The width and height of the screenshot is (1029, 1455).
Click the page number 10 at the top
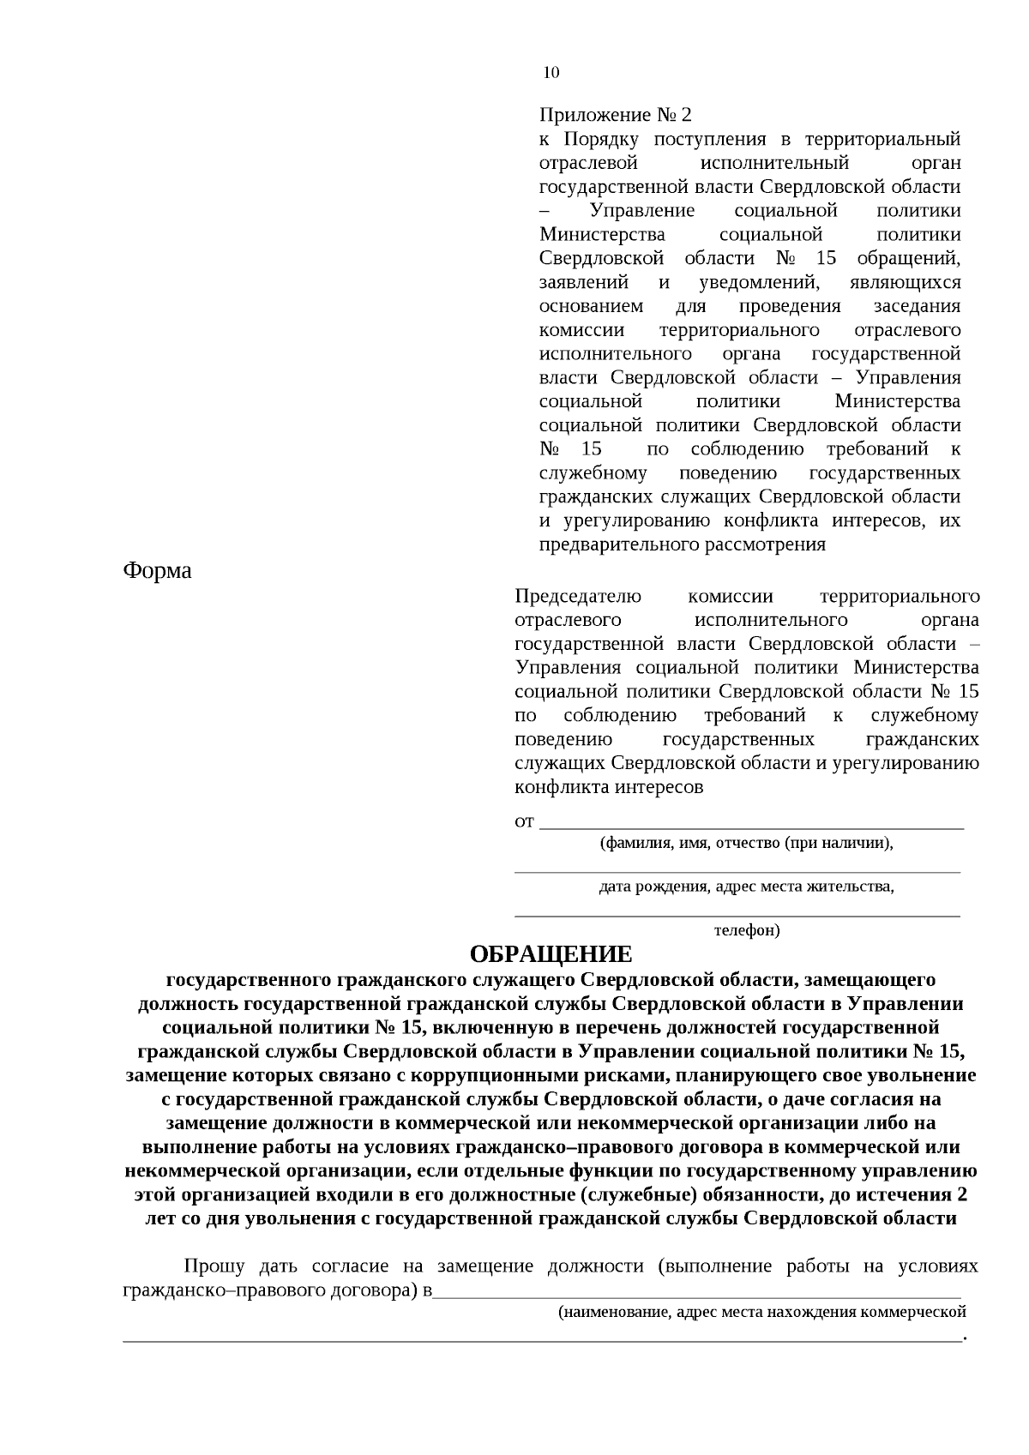(x=551, y=73)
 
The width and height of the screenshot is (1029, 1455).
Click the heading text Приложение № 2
(x=615, y=115)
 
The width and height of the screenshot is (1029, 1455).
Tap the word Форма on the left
(x=158, y=570)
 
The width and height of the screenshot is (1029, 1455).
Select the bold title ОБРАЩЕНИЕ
(x=551, y=954)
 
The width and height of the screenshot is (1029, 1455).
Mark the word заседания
(x=917, y=306)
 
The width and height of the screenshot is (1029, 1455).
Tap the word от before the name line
(x=524, y=822)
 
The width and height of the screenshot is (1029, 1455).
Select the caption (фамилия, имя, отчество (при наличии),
(x=746, y=843)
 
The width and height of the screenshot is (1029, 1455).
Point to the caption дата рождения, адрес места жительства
(x=746, y=887)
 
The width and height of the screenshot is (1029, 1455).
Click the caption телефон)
(x=747, y=930)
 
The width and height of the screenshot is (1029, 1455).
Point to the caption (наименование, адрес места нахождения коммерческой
(x=761, y=1312)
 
